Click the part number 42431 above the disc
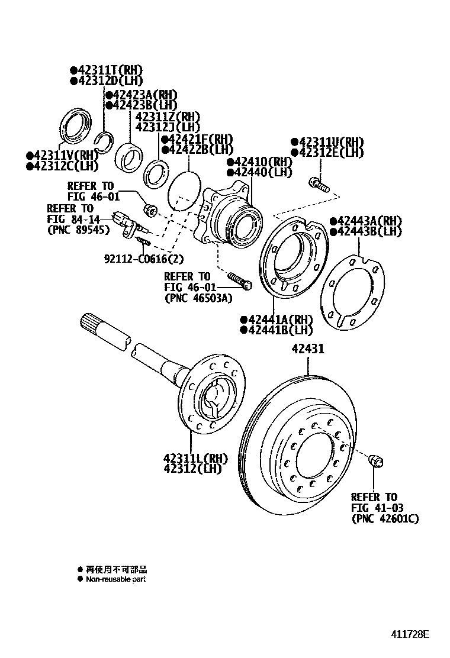307,350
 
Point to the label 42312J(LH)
168,127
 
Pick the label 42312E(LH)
330,153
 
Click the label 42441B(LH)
277,330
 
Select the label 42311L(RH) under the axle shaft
195,457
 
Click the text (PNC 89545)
78,230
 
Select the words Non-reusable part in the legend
115,579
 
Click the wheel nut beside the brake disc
375,460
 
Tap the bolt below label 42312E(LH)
319,184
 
